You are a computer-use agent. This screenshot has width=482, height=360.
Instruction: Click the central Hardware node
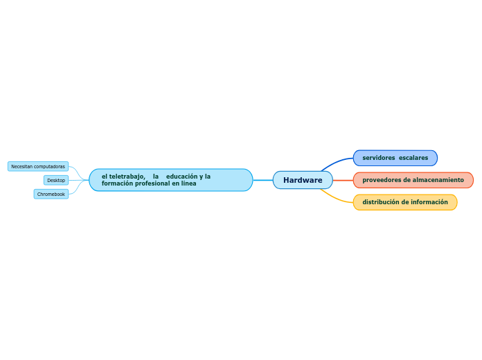coord(303,180)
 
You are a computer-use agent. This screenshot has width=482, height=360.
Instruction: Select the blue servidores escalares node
coord(395,158)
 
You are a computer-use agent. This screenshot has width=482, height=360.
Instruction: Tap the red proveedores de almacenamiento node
coord(413,180)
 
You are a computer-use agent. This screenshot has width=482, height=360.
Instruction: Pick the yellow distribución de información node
coord(404,202)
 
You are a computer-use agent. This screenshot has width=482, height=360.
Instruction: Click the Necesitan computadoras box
coord(38,166)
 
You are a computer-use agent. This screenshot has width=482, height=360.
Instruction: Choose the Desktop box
coord(56,180)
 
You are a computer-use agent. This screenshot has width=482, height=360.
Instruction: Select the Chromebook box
coord(51,194)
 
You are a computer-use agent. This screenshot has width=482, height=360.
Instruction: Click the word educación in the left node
coord(182,177)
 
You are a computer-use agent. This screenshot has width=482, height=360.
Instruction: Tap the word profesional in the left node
coord(152,183)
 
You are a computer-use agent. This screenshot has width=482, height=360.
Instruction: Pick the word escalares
coord(413,158)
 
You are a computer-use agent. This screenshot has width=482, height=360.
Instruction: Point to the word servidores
coord(379,158)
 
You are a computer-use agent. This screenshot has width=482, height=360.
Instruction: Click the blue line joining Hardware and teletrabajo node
coord(262,180)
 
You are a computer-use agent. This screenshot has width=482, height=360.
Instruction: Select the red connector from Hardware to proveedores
coord(343,180)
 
